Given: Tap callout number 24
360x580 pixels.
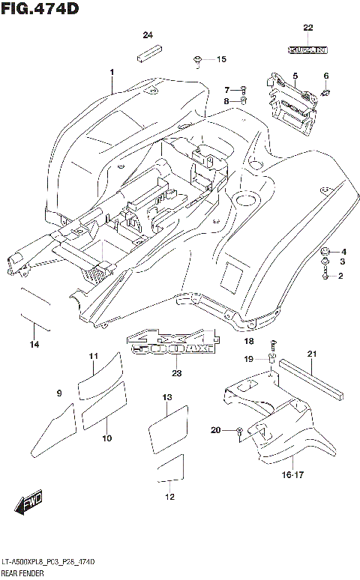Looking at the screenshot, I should pyautogui.click(x=147, y=36).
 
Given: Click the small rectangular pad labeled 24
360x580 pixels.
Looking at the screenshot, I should pyautogui.click(x=148, y=55).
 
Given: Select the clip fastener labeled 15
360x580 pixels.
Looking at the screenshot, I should pyautogui.click(x=197, y=59).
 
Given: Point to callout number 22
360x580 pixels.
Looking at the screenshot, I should pyautogui.click(x=307, y=28).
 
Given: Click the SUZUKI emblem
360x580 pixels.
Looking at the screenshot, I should pyautogui.click(x=307, y=50).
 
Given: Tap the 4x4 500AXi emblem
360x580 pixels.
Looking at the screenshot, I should pyautogui.click(x=172, y=341).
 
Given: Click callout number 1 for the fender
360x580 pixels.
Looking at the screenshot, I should pyautogui.click(x=111, y=72).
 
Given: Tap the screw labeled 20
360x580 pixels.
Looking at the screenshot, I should pyautogui.click(x=238, y=431).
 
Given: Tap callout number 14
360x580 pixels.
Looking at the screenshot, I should pyautogui.click(x=34, y=345).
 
